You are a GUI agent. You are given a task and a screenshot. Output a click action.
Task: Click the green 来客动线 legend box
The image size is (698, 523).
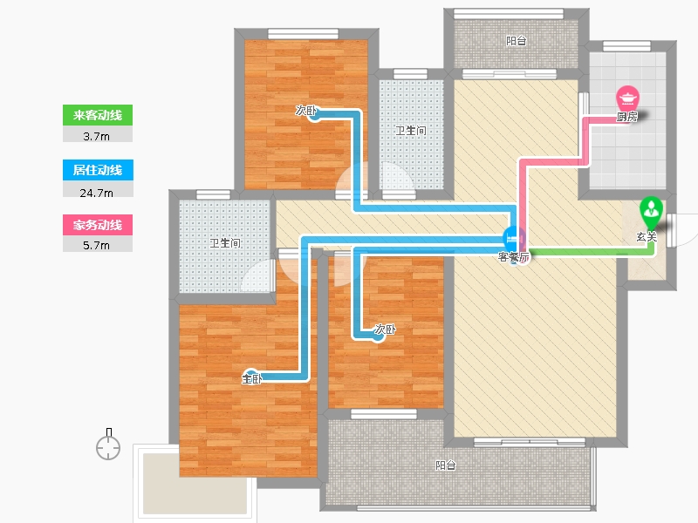pyautogui.click(x=97, y=115)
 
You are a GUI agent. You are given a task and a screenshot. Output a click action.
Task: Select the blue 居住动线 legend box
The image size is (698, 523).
pyautogui.click(x=97, y=170)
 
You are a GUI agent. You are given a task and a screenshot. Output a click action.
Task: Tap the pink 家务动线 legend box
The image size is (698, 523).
pyautogui.click(x=97, y=225)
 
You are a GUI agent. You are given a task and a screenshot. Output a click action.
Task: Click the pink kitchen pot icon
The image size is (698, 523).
pyautogui.click(x=628, y=97)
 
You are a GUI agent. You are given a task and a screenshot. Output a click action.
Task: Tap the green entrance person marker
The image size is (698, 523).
pyautogui.click(x=651, y=210)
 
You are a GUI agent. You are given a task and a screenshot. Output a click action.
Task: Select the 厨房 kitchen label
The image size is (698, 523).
pyautogui.click(x=627, y=117)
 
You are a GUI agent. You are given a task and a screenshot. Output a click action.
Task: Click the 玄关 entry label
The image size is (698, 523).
pyautogui.click(x=646, y=237)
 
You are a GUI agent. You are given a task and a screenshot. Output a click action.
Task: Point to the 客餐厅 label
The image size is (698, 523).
pyautogui.click(x=514, y=257)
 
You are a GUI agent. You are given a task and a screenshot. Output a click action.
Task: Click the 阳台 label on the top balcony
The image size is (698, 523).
pyautogui.click(x=517, y=40)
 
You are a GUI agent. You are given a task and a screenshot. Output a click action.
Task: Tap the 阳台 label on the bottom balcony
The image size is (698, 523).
pyautogui.click(x=445, y=465)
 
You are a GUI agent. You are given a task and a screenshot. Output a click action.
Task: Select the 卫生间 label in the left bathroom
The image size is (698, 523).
pyautogui.click(x=224, y=243)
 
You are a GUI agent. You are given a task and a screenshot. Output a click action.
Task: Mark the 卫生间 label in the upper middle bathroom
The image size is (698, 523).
pyautogui.click(x=410, y=131)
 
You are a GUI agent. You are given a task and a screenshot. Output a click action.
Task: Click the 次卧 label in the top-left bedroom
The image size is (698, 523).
pyautogui.click(x=305, y=111)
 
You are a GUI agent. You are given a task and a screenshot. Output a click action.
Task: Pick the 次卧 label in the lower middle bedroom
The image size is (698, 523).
pyautogui.click(x=385, y=330)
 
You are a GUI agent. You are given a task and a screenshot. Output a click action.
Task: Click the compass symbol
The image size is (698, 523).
pyautogui.click(x=108, y=446)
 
